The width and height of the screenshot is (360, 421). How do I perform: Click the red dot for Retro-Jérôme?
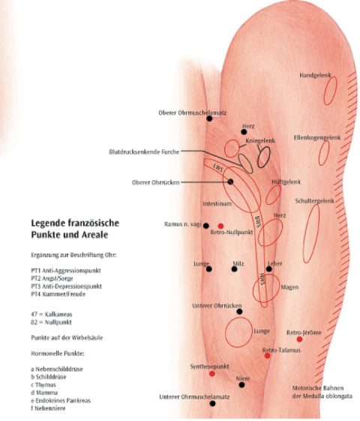click(x=299, y=339)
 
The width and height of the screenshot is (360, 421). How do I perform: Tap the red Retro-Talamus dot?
click(x=267, y=356)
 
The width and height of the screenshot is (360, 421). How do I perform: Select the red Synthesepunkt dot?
click(x=212, y=374)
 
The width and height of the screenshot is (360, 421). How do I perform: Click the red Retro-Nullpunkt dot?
click(x=220, y=226)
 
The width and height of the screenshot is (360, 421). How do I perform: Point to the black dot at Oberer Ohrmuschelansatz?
click(x=209, y=119)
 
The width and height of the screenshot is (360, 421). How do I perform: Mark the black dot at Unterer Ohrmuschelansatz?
click(x=212, y=403)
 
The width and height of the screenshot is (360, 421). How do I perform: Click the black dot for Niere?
click(x=241, y=385)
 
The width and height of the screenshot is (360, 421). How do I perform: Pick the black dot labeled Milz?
click(x=234, y=269)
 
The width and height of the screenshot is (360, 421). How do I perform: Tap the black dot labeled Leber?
click(x=269, y=269)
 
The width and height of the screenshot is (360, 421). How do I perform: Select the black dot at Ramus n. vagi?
click(x=205, y=226)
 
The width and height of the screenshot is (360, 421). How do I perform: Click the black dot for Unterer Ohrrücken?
click(x=239, y=311)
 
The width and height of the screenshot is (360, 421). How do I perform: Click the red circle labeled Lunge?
click(x=225, y=332)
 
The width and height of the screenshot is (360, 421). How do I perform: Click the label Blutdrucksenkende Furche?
click(x=144, y=152)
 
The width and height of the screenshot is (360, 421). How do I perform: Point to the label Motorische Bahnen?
click(x=318, y=388)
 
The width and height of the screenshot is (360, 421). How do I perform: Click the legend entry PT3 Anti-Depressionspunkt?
click(x=66, y=286)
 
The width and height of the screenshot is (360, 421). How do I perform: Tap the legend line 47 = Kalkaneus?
click(x=52, y=314)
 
